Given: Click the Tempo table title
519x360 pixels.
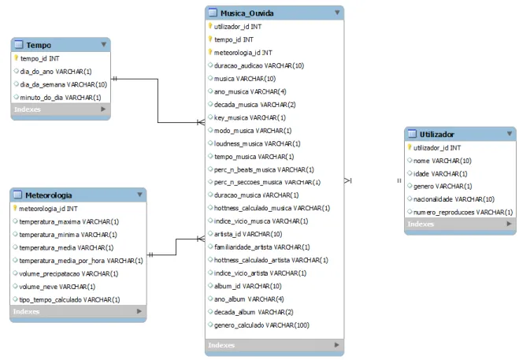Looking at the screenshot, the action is (39, 45).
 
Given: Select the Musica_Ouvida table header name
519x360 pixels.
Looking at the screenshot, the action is (247, 13).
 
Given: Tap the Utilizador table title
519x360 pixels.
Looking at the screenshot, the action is (437, 135).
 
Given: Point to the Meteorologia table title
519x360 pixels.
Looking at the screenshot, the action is (49, 195).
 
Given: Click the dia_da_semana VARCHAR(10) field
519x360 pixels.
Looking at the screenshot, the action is (64, 84).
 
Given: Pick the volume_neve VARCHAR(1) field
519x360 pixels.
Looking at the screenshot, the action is (57, 287).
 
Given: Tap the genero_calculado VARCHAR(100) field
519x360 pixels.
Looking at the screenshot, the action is (261, 325).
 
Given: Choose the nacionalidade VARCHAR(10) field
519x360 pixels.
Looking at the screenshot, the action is (454, 199).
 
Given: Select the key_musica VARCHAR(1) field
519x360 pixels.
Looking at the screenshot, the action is (250, 117).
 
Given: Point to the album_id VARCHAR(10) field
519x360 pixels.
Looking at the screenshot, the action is (248, 286).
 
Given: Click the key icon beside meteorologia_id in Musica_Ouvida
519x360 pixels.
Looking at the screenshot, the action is (209, 52).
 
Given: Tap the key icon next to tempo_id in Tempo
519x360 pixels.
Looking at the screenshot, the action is (16, 58).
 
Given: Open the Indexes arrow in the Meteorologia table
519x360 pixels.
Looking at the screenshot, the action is (139, 311).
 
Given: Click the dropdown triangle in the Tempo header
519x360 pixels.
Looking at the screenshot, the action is (104, 44).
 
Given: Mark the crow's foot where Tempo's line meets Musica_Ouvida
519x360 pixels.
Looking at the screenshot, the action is (201, 123).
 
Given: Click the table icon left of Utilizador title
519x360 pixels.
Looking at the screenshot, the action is (412, 134).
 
